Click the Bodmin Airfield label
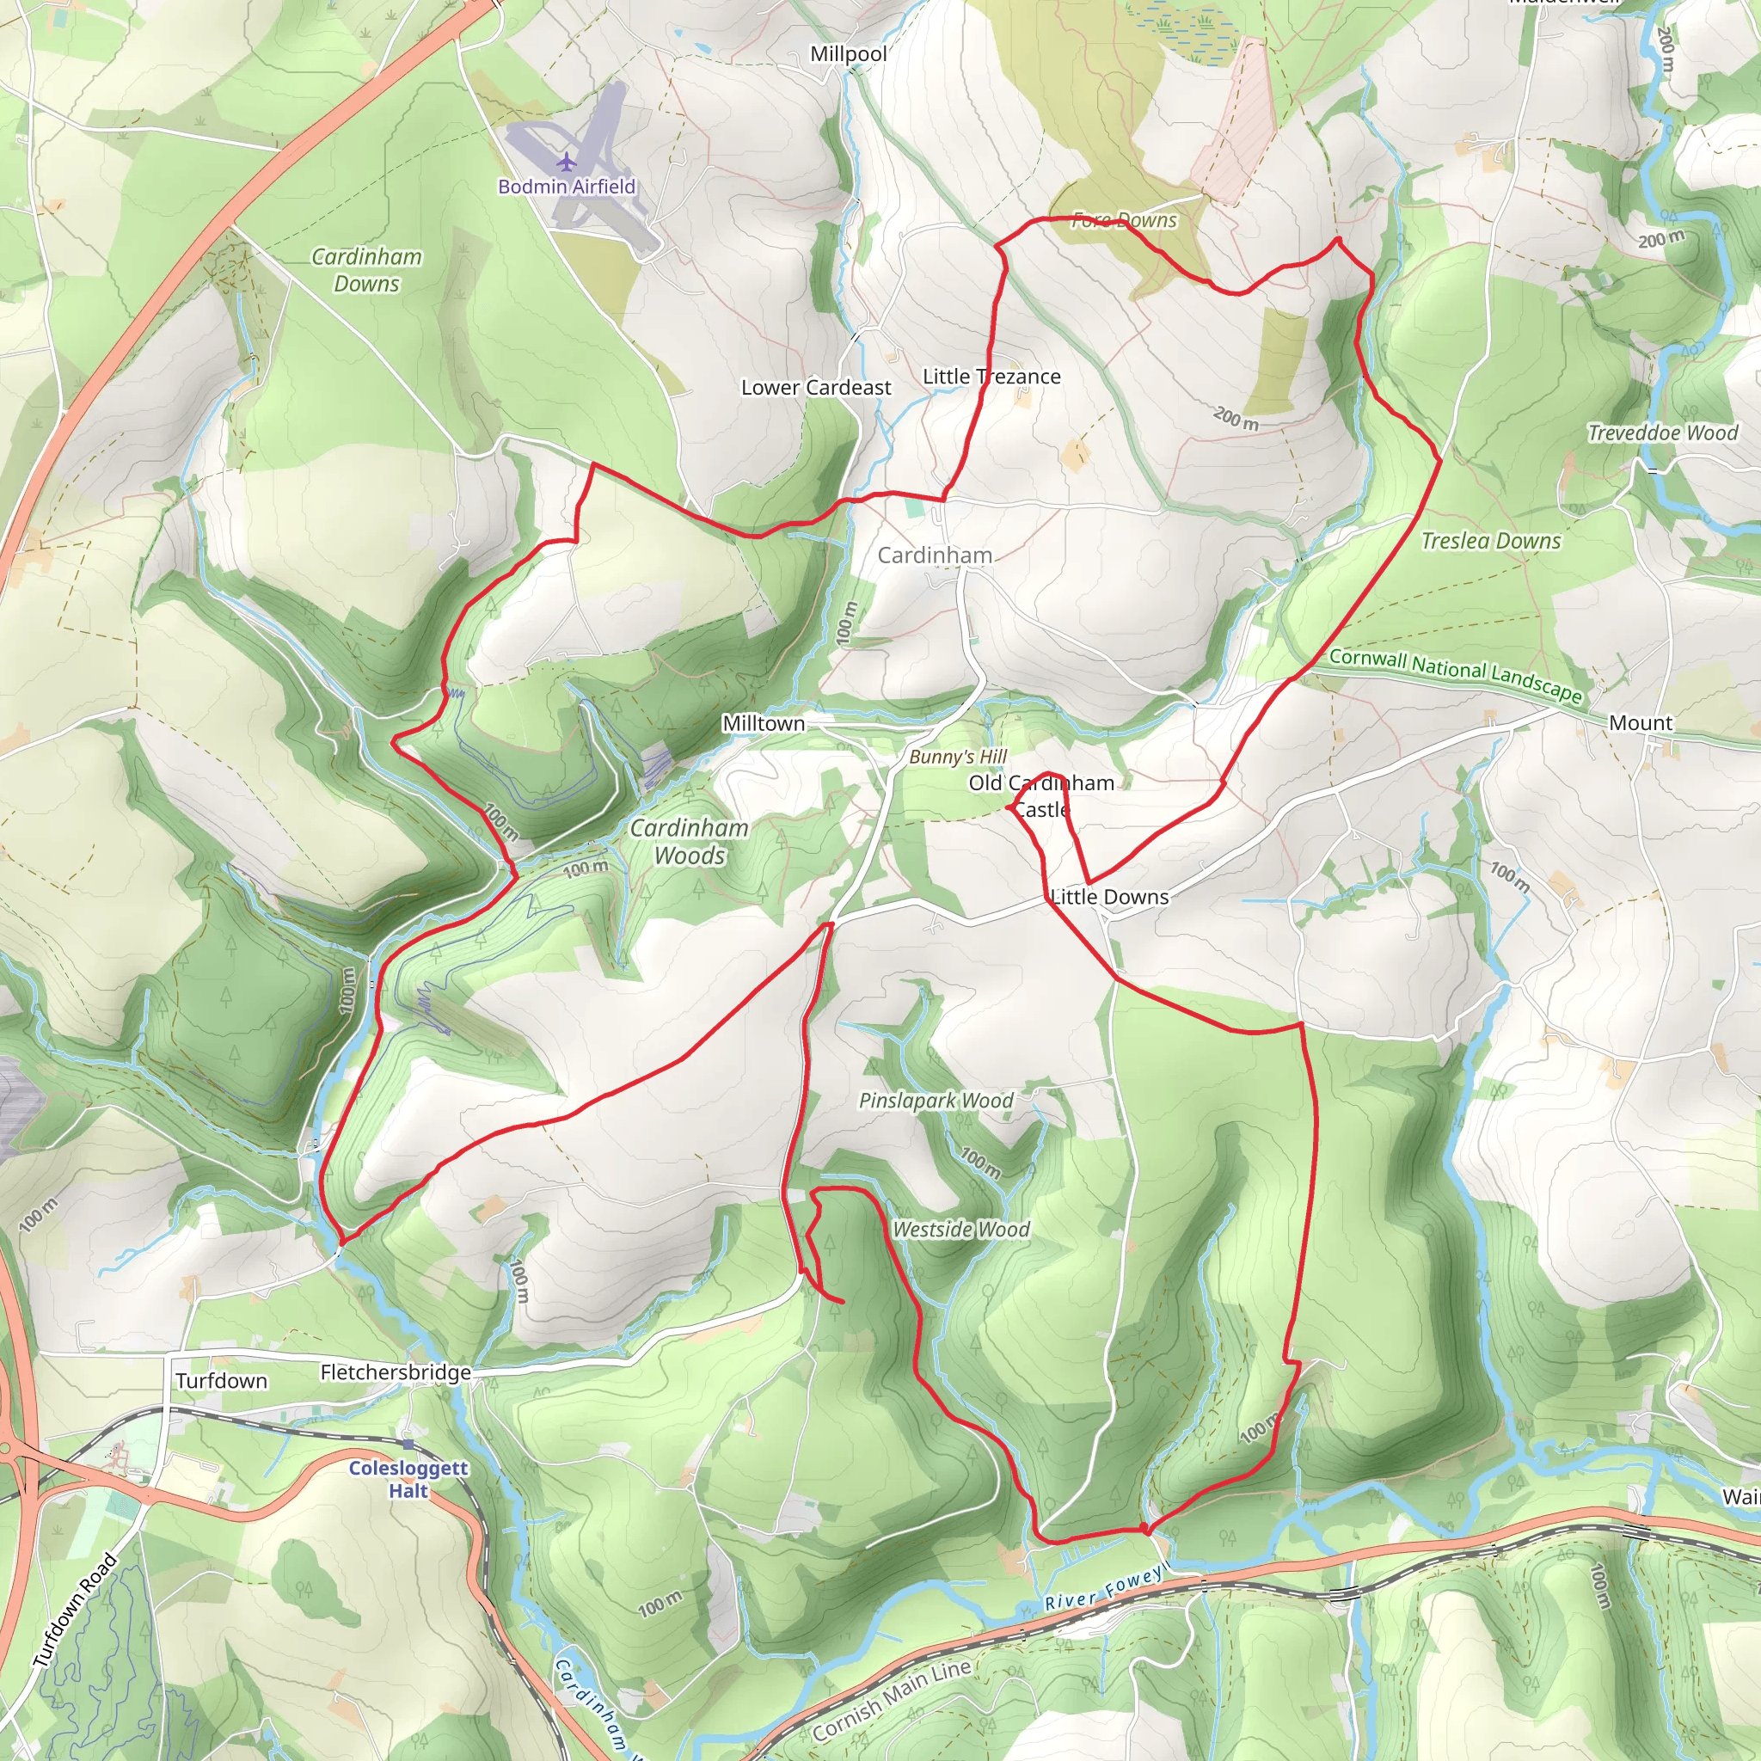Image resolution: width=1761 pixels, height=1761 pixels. [566, 187]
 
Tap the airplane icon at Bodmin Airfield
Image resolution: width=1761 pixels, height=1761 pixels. [567, 163]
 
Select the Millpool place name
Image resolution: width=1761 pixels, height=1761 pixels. [849, 55]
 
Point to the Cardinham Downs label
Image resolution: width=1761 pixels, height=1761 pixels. [366, 270]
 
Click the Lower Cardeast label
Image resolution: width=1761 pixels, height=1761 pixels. [816, 388]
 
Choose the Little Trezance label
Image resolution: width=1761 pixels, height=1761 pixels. [991, 377]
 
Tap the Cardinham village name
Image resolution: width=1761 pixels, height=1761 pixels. [935, 555]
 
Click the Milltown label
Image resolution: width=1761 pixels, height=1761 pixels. [764, 723]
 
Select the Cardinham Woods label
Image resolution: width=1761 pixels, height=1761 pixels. [689, 841]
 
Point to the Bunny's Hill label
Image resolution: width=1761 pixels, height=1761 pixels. [958, 757]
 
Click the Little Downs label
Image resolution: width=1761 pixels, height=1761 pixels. [1109, 897]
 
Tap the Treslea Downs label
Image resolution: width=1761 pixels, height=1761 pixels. [1490, 542]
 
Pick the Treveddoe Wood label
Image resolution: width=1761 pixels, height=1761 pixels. [1663, 433]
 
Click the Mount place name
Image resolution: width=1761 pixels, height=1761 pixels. [1640, 723]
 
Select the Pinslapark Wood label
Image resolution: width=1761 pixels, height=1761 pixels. [936, 1100]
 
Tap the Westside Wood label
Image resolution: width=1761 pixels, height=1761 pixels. [960, 1230]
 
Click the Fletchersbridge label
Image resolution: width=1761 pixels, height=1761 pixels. [396, 1371]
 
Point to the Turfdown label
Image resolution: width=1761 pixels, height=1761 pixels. [222, 1381]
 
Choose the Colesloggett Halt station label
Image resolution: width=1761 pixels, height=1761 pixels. [408, 1479]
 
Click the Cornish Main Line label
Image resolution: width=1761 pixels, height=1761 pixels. [891, 1701]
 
